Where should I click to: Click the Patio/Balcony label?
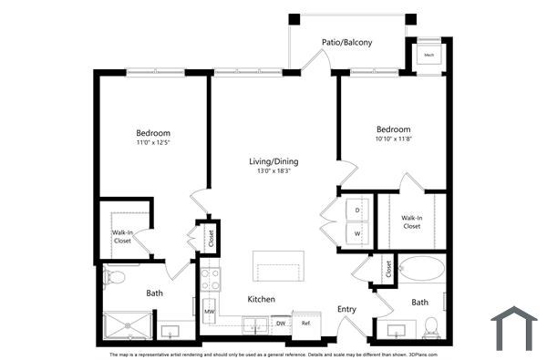point(346,42)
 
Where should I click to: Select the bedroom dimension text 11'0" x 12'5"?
point(153,142)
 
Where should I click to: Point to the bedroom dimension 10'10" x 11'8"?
point(392,139)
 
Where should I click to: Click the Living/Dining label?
point(273,161)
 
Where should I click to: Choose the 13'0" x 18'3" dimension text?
point(273,171)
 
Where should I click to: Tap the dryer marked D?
point(357,211)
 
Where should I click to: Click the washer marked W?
point(357,232)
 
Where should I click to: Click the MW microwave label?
point(209,311)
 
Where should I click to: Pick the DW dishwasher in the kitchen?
point(281,323)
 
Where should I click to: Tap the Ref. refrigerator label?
point(306,323)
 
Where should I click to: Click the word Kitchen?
point(262,299)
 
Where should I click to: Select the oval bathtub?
point(422,271)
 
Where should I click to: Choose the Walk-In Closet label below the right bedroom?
point(412,221)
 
